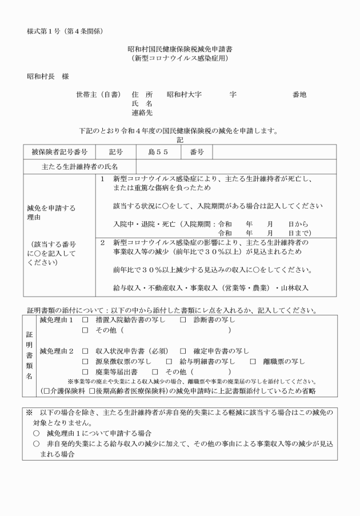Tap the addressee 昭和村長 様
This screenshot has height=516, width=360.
(x=49, y=75)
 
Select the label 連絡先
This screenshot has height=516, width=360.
(x=142, y=113)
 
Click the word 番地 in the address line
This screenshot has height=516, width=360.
(x=299, y=94)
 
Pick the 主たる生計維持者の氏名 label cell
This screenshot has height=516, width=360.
(x=79, y=166)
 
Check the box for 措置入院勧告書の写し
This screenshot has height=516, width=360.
(x=85, y=320)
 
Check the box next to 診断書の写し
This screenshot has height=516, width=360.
(x=183, y=320)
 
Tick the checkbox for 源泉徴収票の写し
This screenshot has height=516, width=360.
(x=85, y=362)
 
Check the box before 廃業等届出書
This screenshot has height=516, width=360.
(x=85, y=373)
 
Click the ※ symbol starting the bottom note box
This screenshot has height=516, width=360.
(x=29, y=412)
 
